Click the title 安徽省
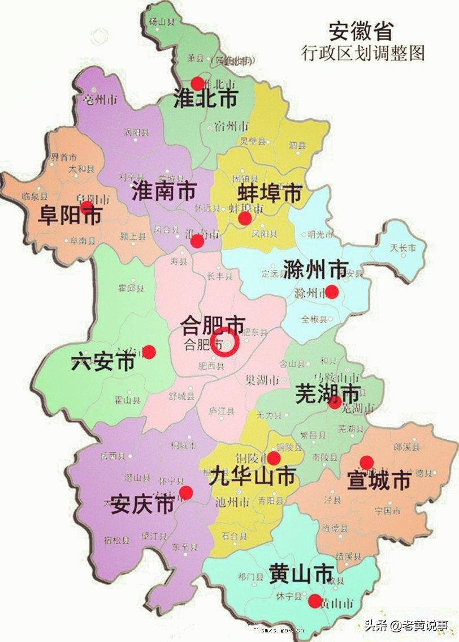pos(360,31)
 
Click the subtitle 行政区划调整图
pos(363,53)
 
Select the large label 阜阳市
pos(70,215)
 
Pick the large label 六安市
pos(103,361)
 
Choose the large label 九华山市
pos(252,477)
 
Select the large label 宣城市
pos(378,482)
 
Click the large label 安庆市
pos(142,503)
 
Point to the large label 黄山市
pos(301,575)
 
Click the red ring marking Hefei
pos(226,343)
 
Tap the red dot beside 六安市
pos(149,352)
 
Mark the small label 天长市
pos(403,248)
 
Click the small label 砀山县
pos(161,21)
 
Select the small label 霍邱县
pos(131,288)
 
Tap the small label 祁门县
pos(250,577)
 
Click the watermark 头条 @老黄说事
pos(406,625)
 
